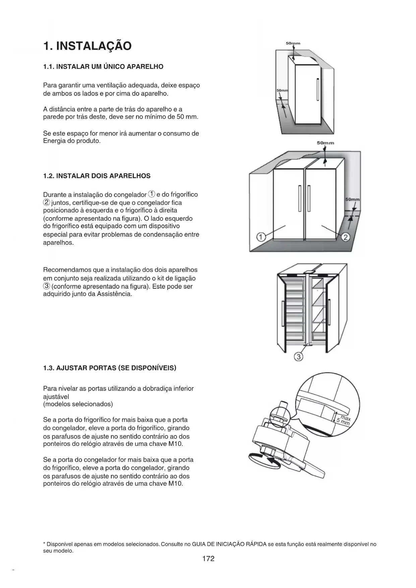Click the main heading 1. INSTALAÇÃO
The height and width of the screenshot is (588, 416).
click(x=87, y=46)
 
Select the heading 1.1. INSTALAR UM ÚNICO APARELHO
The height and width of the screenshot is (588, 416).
click(x=103, y=67)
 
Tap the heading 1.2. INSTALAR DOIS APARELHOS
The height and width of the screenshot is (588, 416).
click(x=97, y=176)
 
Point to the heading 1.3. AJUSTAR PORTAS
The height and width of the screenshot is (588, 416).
click(x=110, y=368)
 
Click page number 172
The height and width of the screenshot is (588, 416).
click(x=208, y=558)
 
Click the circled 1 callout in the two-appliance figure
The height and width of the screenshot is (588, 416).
click(x=261, y=237)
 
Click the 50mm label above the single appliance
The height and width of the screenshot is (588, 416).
click(x=293, y=43)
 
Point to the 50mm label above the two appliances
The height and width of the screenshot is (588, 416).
click(x=325, y=143)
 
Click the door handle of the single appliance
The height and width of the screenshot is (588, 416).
click(x=317, y=89)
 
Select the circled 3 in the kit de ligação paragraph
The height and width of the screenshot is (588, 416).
click(x=47, y=286)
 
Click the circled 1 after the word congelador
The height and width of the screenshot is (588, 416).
click(x=152, y=194)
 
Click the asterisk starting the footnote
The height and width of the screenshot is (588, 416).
click(x=45, y=544)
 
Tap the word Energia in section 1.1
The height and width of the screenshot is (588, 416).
click(x=54, y=141)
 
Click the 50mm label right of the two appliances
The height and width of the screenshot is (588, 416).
click(x=352, y=199)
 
